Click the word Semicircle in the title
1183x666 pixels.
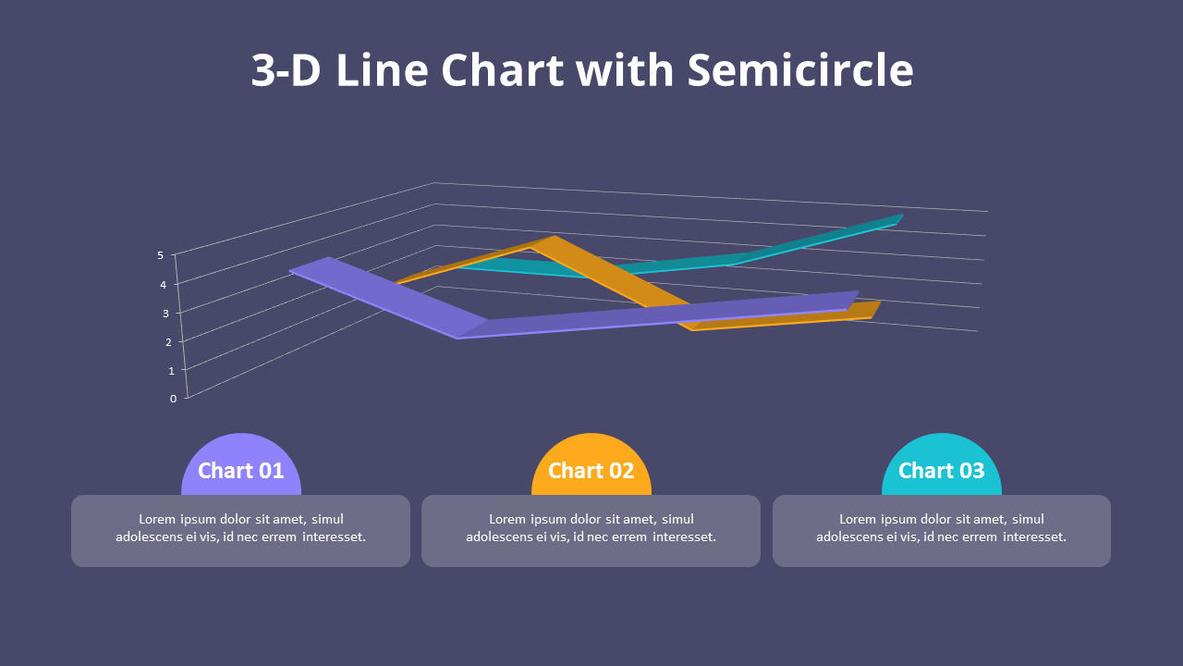tap(800, 70)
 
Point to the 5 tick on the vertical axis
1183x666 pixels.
tap(161, 255)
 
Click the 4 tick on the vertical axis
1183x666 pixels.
tap(163, 285)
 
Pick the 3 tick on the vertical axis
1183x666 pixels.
tap(165, 314)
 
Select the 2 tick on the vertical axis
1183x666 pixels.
tap(168, 342)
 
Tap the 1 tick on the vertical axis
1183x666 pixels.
tap(171, 371)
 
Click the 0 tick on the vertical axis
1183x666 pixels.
tap(173, 399)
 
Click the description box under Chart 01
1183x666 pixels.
tap(240, 530)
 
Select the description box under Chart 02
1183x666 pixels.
tap(591, 530)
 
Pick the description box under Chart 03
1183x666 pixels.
tap(942, 530)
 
